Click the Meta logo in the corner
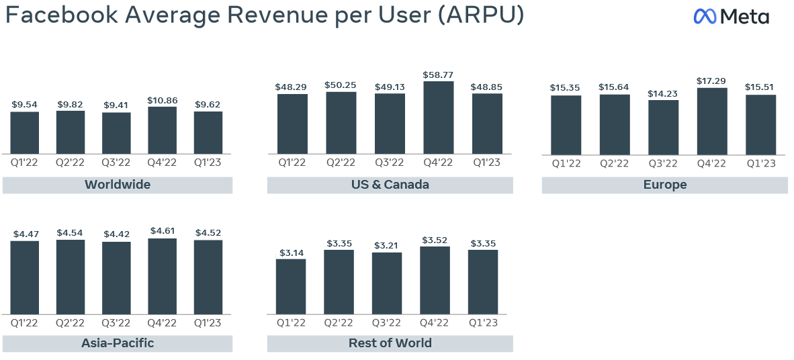pos(731,17)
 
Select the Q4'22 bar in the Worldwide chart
pos(162,130)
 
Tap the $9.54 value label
pos(25,104)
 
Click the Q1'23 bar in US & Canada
pos(487,124)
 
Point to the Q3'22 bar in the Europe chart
pos(663,128)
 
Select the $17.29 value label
pos(711,81)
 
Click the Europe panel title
pos(664,185)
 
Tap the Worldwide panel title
pos(118,185)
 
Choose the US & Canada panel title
pos(390,185)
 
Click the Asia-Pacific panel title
pos(118,343)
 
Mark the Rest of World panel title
pos(390,343)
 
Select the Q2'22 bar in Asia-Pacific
pos(71,277)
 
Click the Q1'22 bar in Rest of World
pos(291,287)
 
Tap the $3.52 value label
pos(435,240)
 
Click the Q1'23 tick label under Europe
pos(760,163)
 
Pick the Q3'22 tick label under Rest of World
pos(387,323)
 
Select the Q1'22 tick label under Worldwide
pos(25,162)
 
